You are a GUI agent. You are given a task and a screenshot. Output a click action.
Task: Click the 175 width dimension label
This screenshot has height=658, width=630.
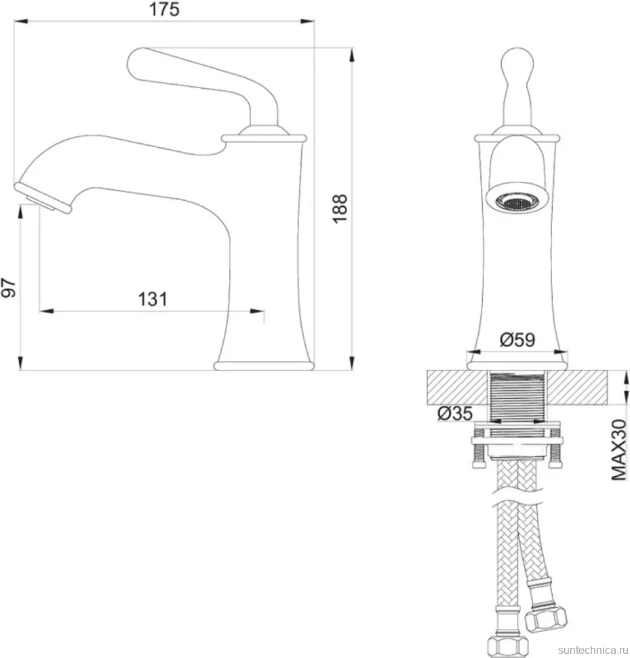pyautogui.click(x=164, y=9)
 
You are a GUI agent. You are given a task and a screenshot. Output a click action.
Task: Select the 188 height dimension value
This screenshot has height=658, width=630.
pyautogui.click(x=340, y=208)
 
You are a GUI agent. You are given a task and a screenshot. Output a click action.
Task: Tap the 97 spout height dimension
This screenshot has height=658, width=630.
pyautogui.click(x=9, y=288)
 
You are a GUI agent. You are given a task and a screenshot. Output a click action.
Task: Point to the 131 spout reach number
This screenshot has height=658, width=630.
pyautogui.click(x=153, y=299)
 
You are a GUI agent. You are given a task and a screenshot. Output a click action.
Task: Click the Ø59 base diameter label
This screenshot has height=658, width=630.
pyautogui.click(x=517, y=340)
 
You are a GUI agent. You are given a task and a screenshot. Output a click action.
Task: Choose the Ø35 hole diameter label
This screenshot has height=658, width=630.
pyautogui.click(x=455, y=414)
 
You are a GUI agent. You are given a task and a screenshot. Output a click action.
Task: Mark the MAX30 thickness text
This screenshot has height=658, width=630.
pyautogui.click(x=619, y=450)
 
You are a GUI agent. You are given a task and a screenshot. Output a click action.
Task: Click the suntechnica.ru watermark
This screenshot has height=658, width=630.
pyautogui.click(x=593, y=650)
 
